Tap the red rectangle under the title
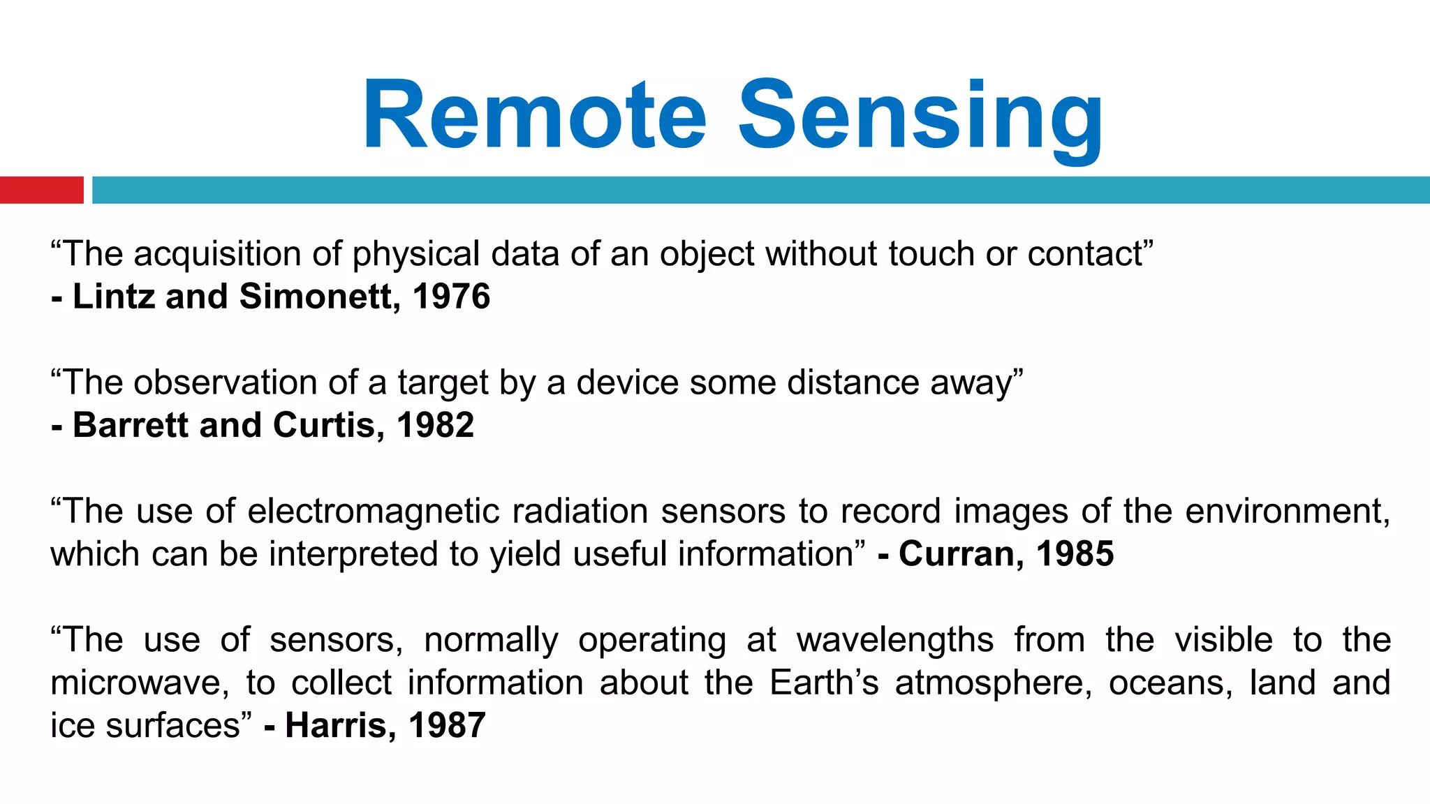[x=41, y=190]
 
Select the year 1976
[x=451, y=297]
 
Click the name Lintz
[x=114, y=297]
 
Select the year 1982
[x=435, y=425]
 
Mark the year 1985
[x=1075, y=554]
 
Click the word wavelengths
[x=895, y=641]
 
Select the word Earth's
[x=824, y=683]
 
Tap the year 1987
[x=447, y=726]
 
